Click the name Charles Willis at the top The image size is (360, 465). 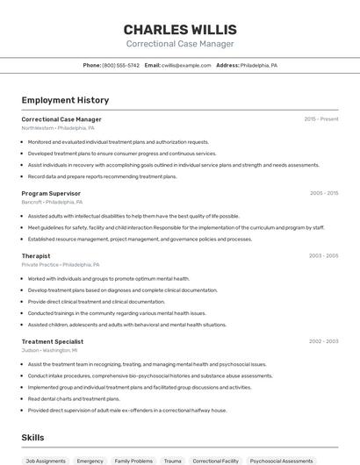coord(180,29)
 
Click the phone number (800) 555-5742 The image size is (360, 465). coord(120,65)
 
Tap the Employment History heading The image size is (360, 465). coord(65,100)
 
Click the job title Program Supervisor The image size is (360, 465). coord(51,193)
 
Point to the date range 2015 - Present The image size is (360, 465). coord(321,119)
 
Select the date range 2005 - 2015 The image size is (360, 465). coord(323,193)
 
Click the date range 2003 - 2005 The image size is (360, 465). coord(323,256)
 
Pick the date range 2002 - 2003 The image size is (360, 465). coord(323,341)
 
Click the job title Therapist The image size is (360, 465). coord(36,256)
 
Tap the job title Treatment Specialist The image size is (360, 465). coord(53,341)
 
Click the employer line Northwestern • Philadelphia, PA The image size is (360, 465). coord(58,128)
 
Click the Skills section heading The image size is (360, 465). coord(32,437)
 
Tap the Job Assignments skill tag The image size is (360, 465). coord(46,461)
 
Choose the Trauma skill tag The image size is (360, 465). coord(173,461)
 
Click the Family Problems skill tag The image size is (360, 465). coord(133,461)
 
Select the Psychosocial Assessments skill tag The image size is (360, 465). coord(281,461)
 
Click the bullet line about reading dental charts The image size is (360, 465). coord(74,398)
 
